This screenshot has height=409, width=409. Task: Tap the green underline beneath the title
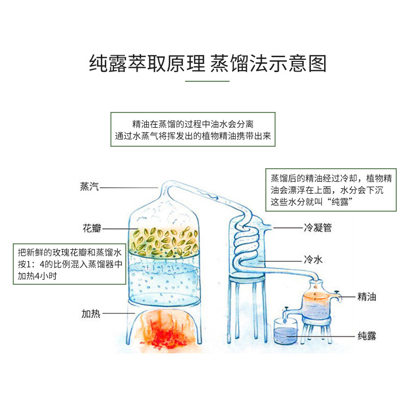click(207, 81)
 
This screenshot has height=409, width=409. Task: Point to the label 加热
click(89, 313)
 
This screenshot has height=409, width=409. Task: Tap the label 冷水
click(313, 260)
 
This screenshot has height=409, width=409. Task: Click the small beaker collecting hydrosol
click(284, 332)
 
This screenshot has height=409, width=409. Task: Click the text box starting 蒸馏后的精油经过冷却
click(331, 190)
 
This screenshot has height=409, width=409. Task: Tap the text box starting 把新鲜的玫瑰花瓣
click(70, 264)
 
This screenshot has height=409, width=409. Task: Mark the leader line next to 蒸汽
click(130, 187)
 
